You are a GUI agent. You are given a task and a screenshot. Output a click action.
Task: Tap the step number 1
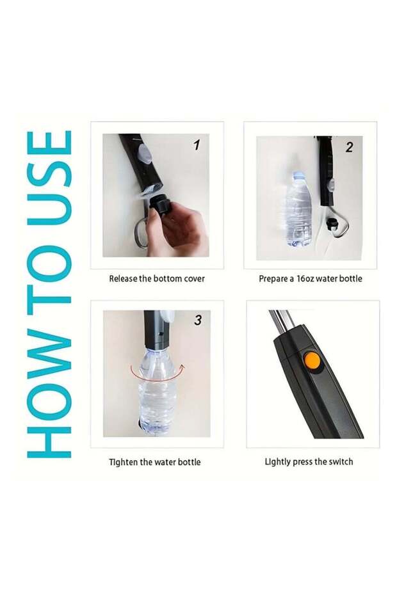click(x=197, y=145)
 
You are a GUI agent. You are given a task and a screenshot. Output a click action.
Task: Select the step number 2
click(x=349, y=147)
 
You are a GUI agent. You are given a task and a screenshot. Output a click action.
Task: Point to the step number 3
click(x=198, y=320)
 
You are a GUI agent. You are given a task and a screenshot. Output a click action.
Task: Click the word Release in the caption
click(x=123, y=278)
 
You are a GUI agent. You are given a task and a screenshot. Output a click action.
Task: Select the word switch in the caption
click(x=341, y=461)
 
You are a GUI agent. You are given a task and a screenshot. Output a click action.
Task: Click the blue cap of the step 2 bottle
click(x=298, y=175)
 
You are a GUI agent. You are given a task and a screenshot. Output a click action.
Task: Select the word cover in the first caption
click(x=195, y=278)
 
